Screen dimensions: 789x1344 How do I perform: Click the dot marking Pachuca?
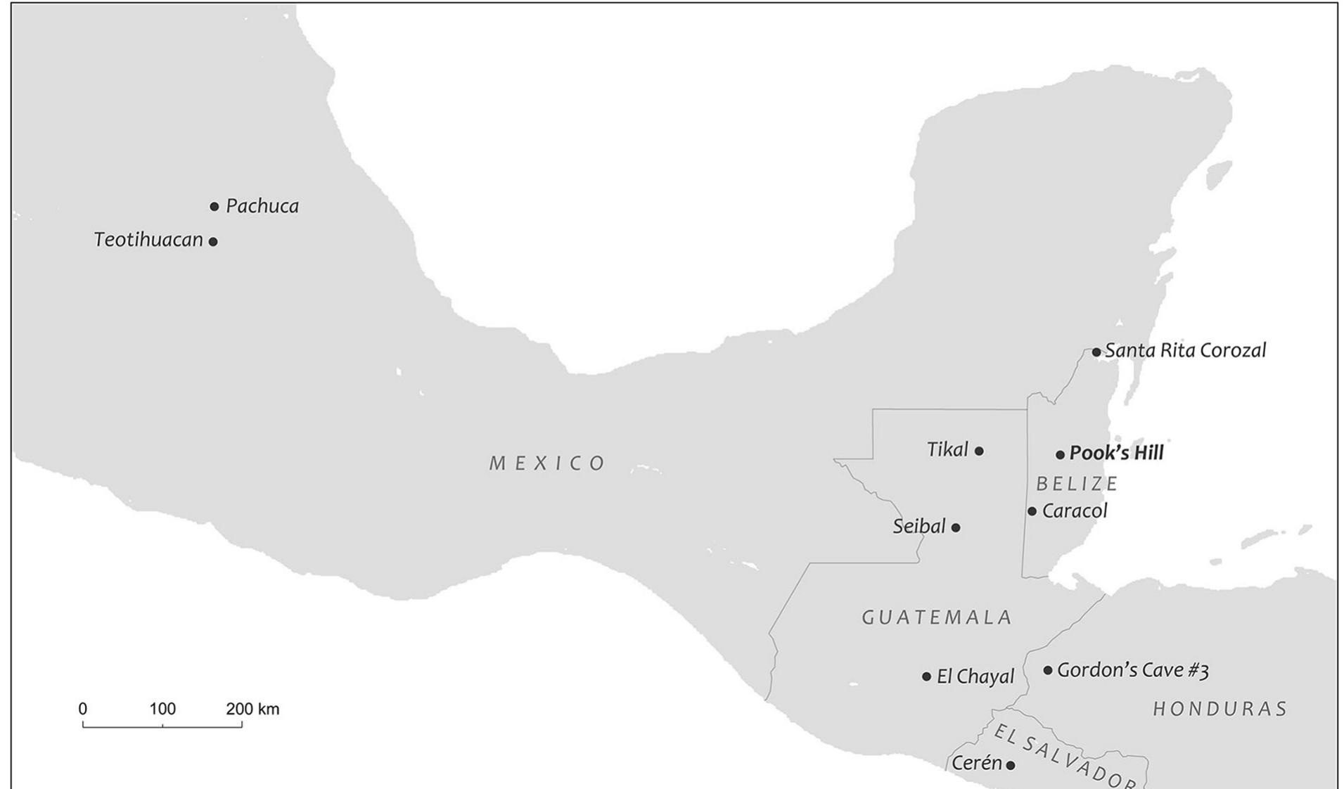(x=215, y=207)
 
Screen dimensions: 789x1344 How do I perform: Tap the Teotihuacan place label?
(x=148, y=240)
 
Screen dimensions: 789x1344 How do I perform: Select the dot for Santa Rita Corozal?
(x=1096, y=352)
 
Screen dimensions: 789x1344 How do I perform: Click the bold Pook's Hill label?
(x=1116, y=453)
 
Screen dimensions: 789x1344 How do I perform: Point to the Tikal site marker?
(x=979, y=451)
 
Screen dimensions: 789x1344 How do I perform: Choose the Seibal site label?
(x=919, y=526)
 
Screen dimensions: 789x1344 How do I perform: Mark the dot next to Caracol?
(x=1032, y=511)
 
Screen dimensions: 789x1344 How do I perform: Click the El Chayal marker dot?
(x=926, y=676)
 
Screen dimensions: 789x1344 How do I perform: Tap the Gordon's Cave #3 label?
(x=1132, y=670)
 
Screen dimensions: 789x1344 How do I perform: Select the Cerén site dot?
(x=1011, y=765)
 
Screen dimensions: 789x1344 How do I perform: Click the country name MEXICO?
(x=547, y=463)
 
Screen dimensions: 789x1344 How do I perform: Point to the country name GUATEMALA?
(x=937, y=617)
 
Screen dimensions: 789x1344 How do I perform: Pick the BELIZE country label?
(x=1077, y=484)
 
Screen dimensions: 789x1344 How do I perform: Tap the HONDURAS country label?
(x=1220, y=709)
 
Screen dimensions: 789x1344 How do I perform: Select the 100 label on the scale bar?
(x=162, y=709)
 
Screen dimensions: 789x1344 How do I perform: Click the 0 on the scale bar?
(x=83, y=709)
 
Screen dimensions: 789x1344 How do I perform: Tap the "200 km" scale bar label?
(x=252, y=709)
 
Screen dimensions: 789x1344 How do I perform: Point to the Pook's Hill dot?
(x=1060, y=455)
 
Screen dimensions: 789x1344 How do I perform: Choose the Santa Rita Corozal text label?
(x=1185, y=350)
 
